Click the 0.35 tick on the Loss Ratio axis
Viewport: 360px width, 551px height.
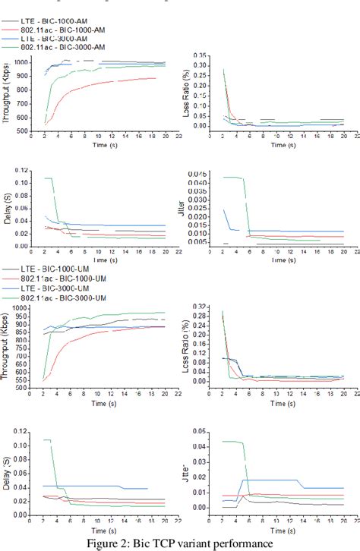pyautogui.click(x=201, y=56)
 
